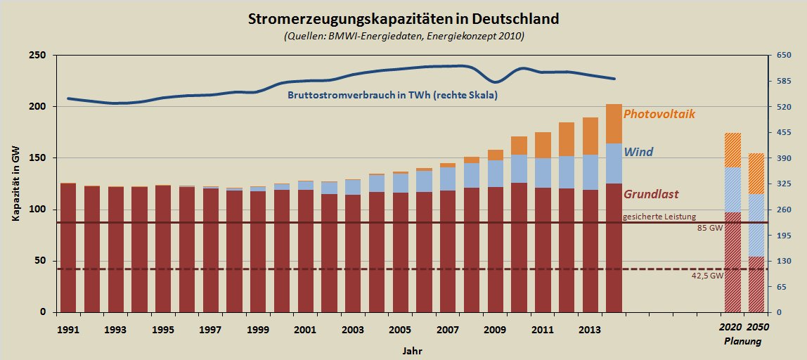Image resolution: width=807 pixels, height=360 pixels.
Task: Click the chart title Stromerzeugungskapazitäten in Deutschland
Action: pyautogui.click(x=404, y=19)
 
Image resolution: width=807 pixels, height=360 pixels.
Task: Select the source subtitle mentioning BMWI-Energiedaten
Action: pyautogui.click(x=404, y=36)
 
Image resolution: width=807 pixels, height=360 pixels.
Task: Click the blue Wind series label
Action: pyautogui.click(x=638, y=151)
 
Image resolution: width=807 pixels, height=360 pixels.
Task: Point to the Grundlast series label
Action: pyautogui.click(x=650, y=194)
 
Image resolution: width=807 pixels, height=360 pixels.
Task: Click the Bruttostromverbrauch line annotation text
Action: pyautogui.click(x=392, y=95)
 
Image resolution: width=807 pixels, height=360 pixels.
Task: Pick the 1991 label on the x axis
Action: pyautogui.click(x=68, y=329)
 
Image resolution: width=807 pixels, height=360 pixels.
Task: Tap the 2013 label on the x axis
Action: pyautogui.click(x=589, y=329)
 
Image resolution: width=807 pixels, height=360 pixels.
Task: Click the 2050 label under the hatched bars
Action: pyautogui.click(x=757, y=328)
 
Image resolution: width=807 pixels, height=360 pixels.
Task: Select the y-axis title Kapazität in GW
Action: pyautogui.click(x=15, y=184)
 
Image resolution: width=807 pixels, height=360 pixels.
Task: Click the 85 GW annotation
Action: pyautogui.click(x=710, y=229)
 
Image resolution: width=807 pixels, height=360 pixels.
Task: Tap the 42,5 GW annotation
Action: pyautogui.click(x=707, y=276)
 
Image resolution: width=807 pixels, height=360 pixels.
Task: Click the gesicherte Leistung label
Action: pyautogui.click(x=659, y=216)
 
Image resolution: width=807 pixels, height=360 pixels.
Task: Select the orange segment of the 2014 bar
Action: pyautogui.click(x=614, y=124)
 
